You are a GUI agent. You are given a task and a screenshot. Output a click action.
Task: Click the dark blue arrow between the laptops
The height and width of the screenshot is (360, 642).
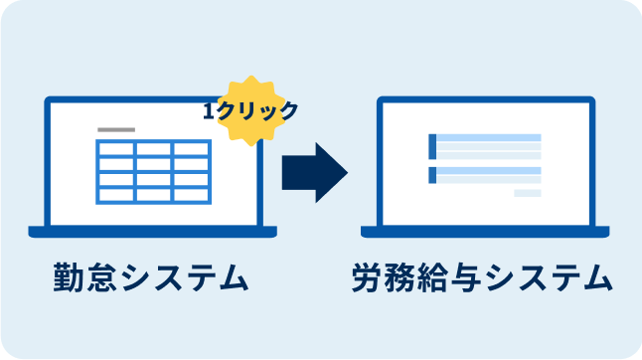[311, 172]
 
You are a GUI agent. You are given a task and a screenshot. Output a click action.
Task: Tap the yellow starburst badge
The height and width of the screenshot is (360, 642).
[249, 109]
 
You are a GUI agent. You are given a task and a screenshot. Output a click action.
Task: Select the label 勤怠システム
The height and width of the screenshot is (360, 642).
[149, 279]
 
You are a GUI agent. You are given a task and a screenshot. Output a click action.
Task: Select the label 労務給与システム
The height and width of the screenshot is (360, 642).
[481, 279]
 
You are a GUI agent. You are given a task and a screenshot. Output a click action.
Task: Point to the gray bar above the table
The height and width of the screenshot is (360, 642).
[116, 130]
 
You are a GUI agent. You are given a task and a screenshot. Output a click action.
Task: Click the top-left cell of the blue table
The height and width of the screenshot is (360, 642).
[114, 149]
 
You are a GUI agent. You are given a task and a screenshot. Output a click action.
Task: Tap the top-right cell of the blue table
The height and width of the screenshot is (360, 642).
[191, 149]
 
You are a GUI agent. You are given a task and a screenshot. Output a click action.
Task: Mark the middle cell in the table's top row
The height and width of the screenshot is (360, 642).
[153, 149]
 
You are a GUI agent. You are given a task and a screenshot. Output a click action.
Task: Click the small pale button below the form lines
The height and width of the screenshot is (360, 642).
[527, 193]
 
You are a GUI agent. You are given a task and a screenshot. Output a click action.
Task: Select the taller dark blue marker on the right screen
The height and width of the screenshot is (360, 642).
[432, 145]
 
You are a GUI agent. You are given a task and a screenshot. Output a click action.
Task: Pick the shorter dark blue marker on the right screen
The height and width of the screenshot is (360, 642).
[432, 175]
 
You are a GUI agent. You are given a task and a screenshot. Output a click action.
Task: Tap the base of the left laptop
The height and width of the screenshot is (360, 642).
[153, 233]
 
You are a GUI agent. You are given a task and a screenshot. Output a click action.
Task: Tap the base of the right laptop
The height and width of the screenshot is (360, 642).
[485, 233]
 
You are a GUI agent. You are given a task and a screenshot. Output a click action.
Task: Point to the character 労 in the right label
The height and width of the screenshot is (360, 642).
[368, 279]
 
